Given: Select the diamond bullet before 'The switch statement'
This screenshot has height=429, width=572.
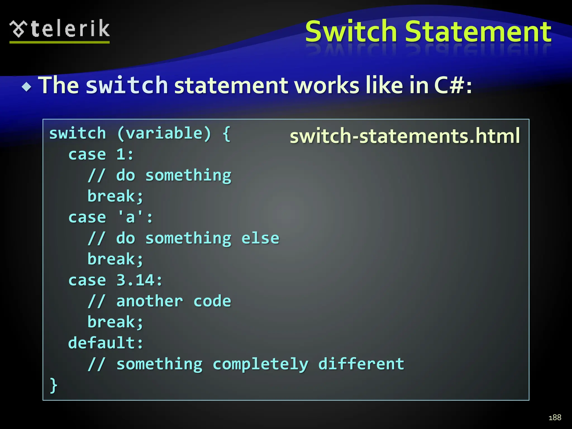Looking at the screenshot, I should point(27,87).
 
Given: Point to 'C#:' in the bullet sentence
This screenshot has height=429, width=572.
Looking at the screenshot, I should point(453,85).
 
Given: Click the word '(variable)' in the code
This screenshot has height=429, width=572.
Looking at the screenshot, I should point(164,133).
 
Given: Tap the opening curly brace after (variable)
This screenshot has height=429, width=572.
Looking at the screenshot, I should point(227,134).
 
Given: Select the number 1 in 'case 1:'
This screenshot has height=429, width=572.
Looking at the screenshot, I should point(121,154).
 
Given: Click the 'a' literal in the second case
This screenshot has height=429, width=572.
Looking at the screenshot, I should point(130,217).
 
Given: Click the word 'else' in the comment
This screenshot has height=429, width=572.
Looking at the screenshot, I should point(260,238).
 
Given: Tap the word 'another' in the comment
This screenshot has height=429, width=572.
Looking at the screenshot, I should point(150,301).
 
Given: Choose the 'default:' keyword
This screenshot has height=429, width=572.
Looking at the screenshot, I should point(106,343).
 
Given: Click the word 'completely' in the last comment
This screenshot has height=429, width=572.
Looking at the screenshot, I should point(260,364).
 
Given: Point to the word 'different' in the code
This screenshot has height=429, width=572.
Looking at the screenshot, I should point(361,364).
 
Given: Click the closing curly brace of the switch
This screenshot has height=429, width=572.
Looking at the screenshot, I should point(53,385).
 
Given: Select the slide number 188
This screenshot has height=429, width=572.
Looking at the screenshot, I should point(555,417).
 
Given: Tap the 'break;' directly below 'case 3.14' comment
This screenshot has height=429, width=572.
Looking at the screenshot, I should point(115,322).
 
